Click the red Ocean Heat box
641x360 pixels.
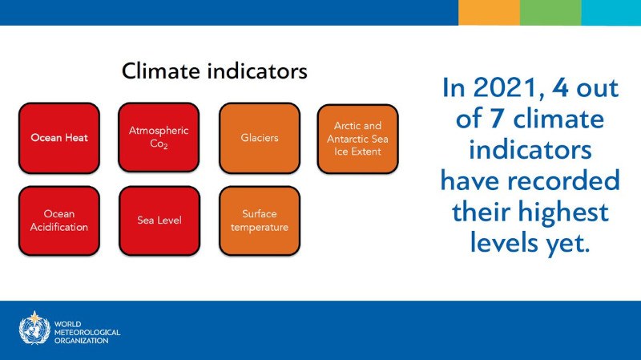[x=59, y=138]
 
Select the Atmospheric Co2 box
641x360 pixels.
[x=158, y=137]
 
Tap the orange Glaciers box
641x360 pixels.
[x=260, y=138]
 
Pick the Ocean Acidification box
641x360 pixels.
[x=59, y=220]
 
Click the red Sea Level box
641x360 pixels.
[x=158, y=220]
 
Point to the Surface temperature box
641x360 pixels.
[x=260, y=220]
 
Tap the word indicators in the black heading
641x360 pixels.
[x=258, y=71]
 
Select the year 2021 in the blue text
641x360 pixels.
[x=503, y=88]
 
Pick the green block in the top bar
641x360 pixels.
[x=550, y=12]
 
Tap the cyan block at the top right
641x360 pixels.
[x=611, y=12]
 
